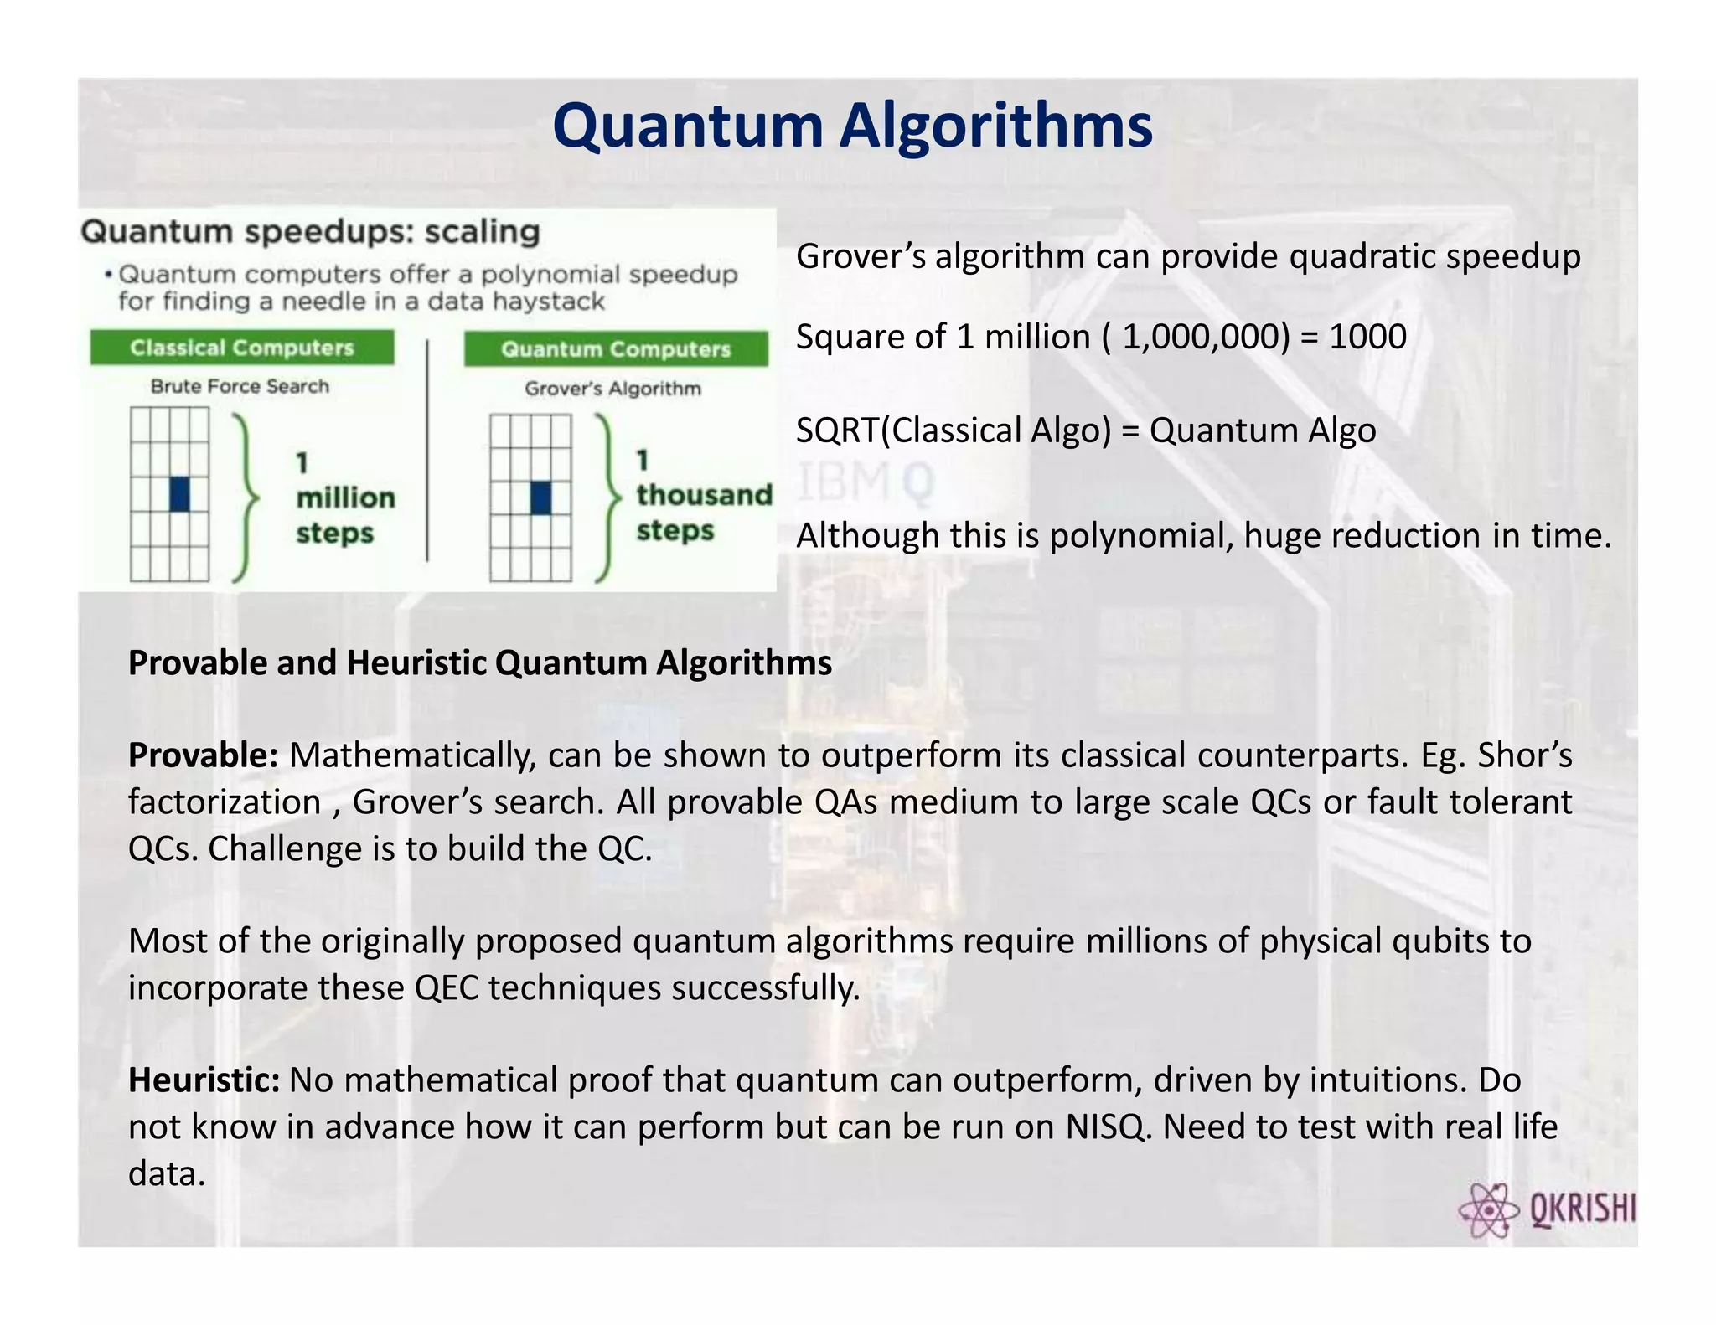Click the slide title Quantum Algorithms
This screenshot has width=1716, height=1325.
coord(852,126)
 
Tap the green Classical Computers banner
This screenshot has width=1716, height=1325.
coord(242,348)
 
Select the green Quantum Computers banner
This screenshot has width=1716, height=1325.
coord(616,349)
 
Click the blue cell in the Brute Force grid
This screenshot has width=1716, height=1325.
coord(179,493)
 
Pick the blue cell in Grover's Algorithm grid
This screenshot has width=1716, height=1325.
coord(541,498)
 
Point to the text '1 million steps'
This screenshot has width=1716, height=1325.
coord(344,498)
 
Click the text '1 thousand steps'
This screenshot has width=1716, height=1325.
coord(702,495)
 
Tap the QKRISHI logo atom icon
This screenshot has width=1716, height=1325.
coord(1488,1209)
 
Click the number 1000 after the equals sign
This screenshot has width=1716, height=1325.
coord(1367,337)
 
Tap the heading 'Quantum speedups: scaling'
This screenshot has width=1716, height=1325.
coord(310,232)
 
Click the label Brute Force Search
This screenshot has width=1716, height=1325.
coord(240,387)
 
